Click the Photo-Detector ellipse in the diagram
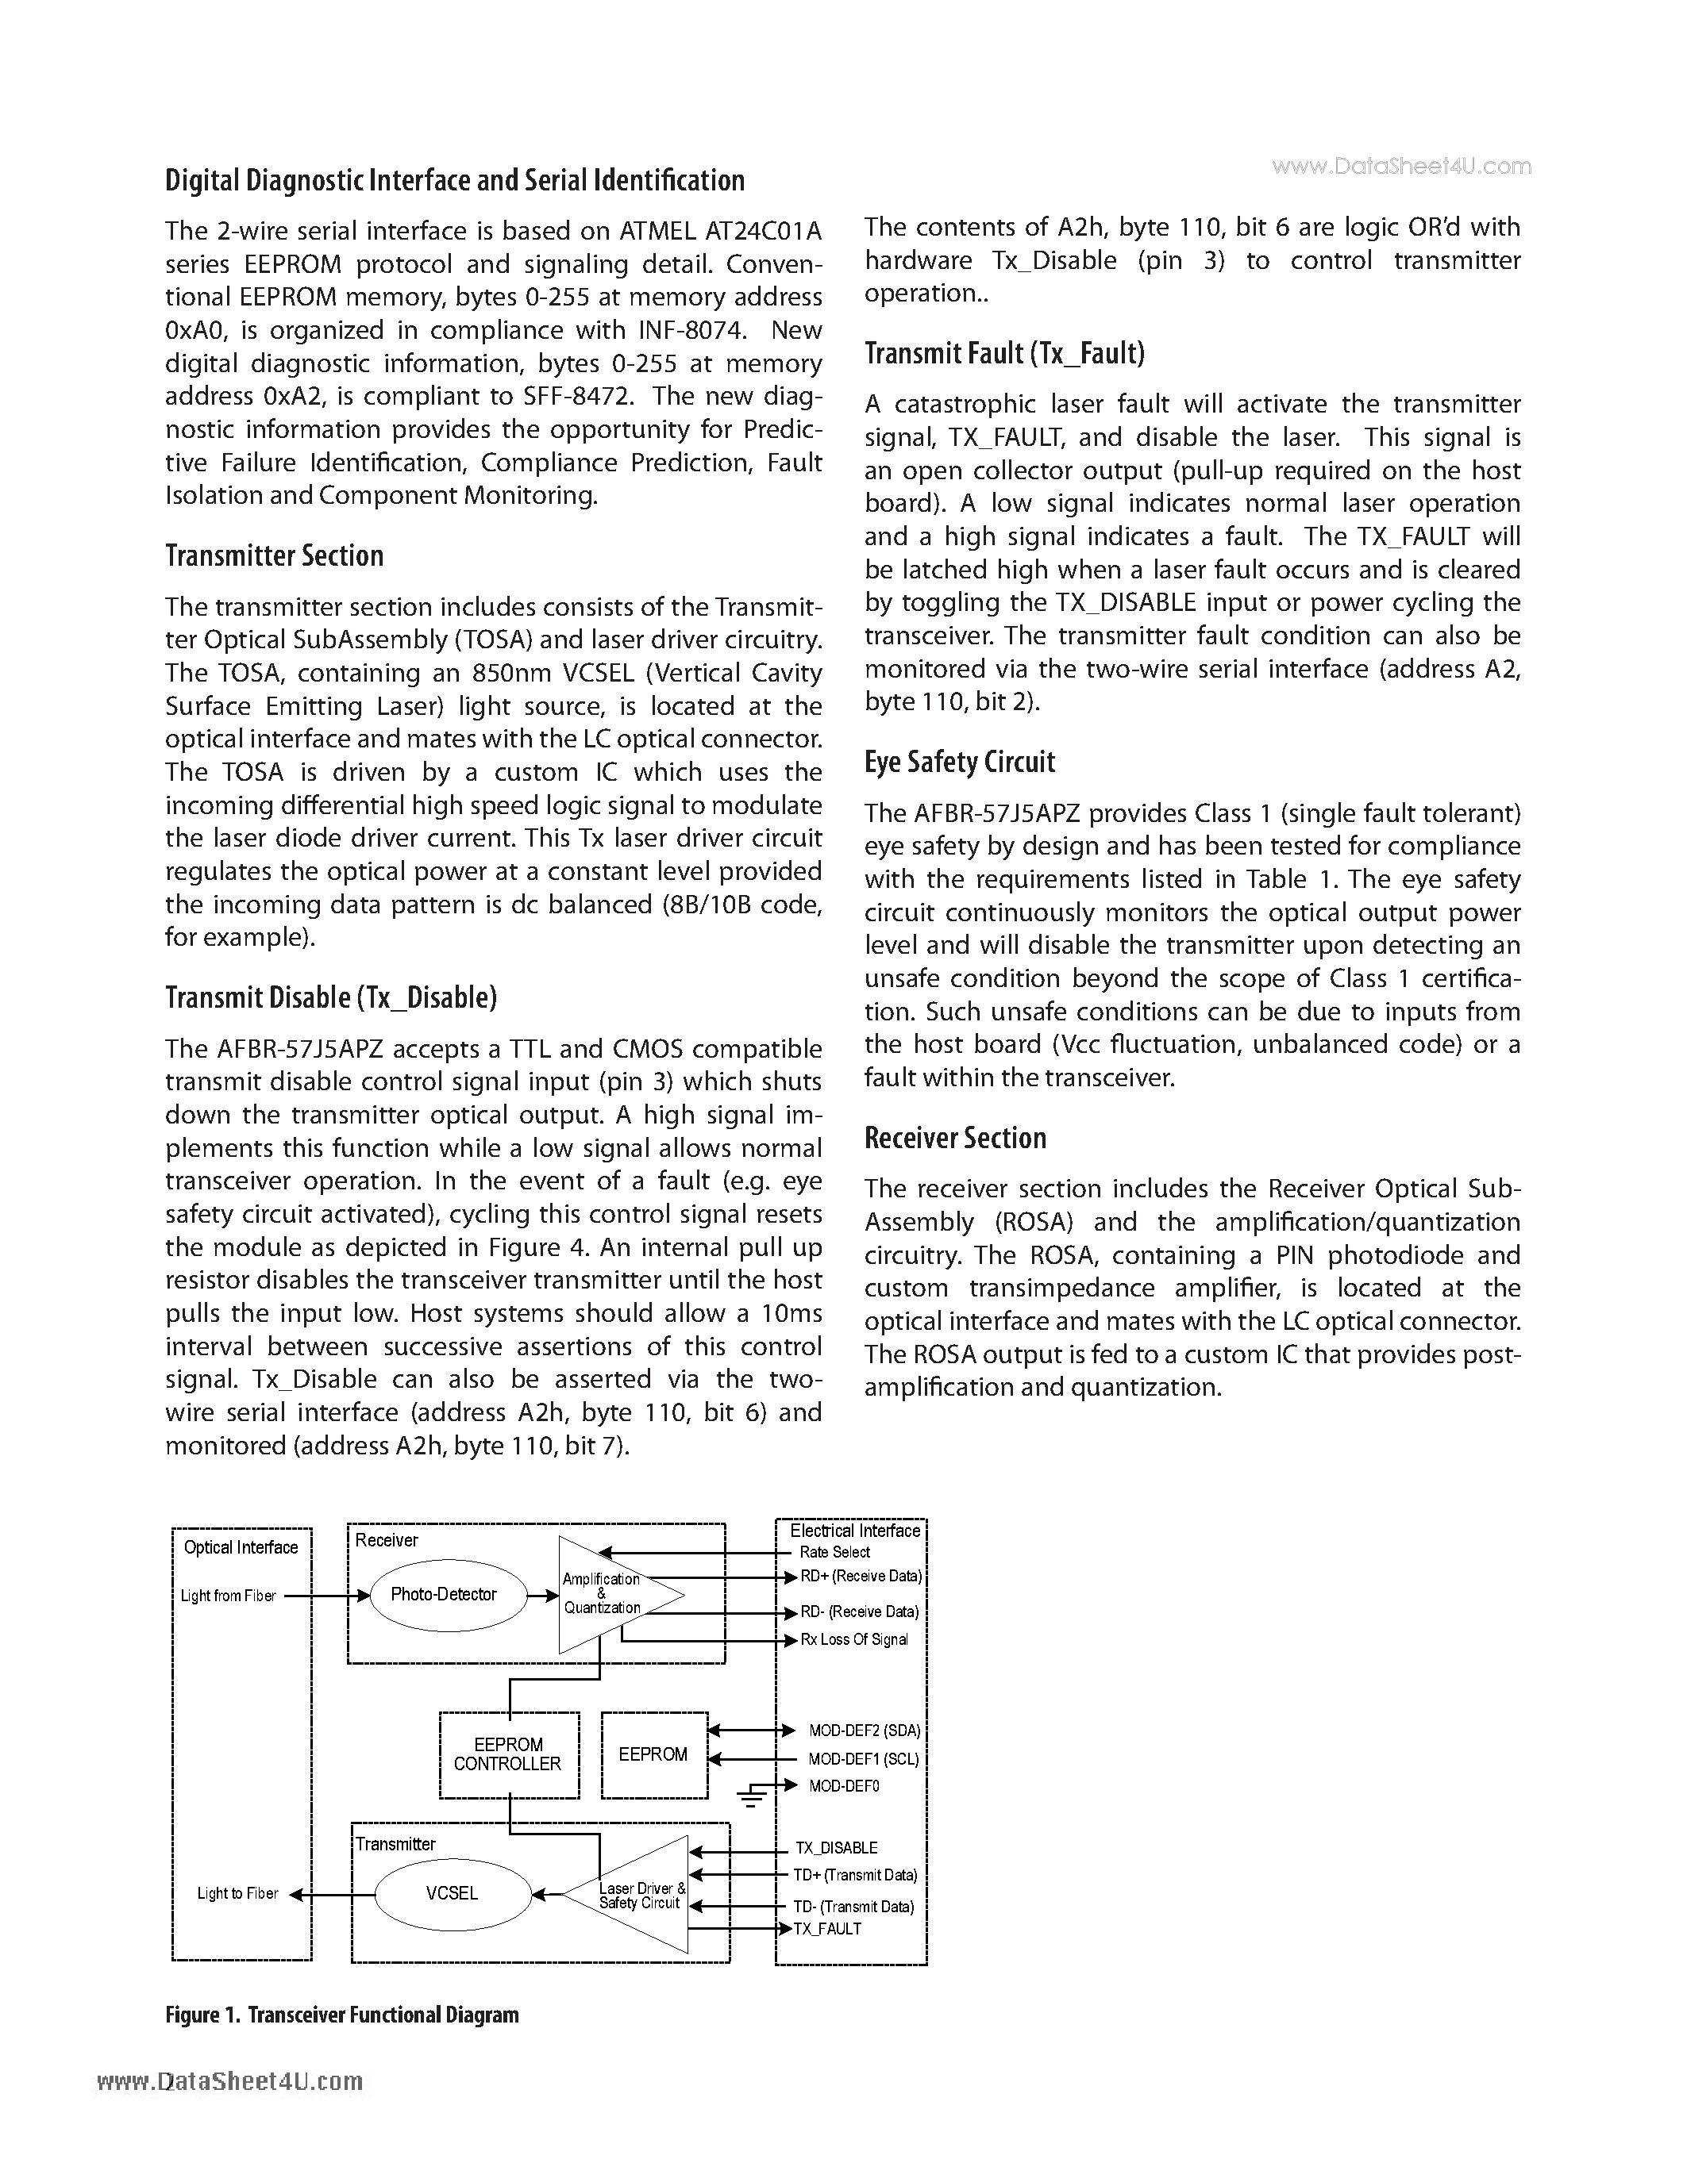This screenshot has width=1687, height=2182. pos(443,1595)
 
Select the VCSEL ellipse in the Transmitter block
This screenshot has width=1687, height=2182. pos(452,1893)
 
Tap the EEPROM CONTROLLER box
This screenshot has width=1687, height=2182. pos(509,1754)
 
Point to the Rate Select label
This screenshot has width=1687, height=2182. pos(834,1551)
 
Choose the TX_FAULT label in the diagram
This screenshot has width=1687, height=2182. pos(826,1928)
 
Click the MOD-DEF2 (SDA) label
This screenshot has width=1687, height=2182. pos(865,1731)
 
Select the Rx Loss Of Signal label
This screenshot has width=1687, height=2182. pos(854,1639)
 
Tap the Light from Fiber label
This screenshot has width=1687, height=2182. pos(228,1596)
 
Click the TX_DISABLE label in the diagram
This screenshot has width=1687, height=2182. pos(837,1848)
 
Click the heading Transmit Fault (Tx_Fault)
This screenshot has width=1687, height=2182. pos(1004,354)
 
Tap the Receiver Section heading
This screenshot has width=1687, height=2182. pos(954,1138)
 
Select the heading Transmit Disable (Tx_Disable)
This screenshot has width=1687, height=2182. pos(331,998)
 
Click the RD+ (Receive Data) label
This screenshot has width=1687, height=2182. pos(861,1577)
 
